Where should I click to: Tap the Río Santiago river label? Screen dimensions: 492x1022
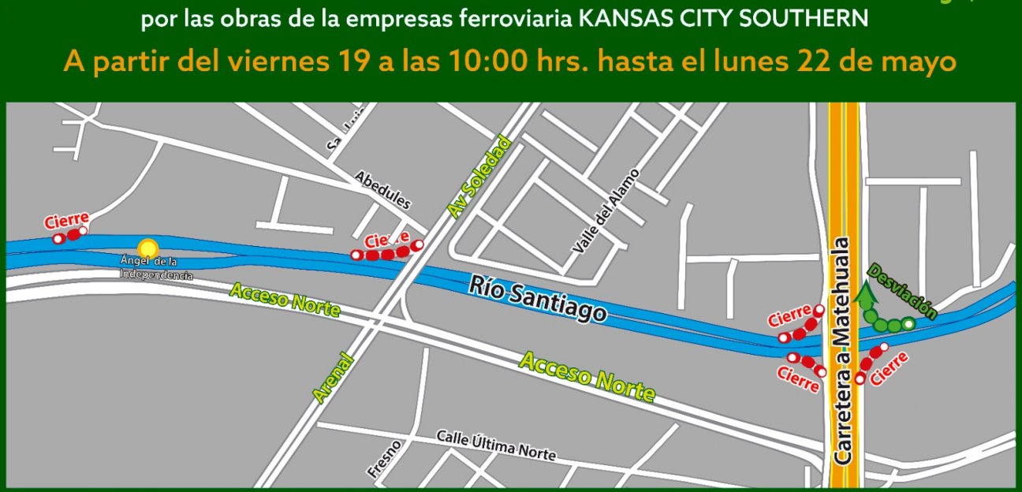click(x=539, y=299)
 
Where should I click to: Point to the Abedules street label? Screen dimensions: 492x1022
click(x=382, y=190)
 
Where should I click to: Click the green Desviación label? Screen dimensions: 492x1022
click(x=902, y=292)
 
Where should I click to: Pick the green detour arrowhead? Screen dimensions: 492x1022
click(x=866, y=296)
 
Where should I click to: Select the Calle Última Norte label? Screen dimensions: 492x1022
click(x=496, y=446)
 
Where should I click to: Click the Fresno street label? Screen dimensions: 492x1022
click(x=383, y=459)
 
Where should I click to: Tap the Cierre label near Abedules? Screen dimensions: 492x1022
click(x=387, y=239)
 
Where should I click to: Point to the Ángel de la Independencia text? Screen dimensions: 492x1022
click(x=155, y=268)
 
